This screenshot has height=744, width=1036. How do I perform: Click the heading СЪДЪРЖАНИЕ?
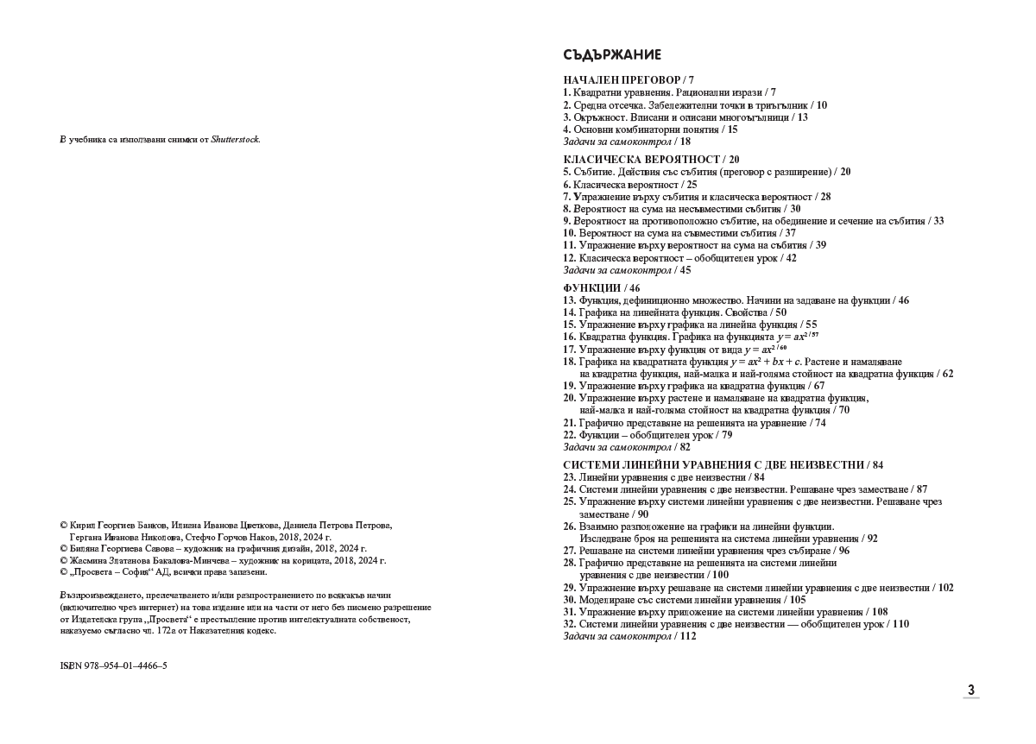[612, 55]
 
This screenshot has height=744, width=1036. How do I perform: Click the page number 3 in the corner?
[971, 690]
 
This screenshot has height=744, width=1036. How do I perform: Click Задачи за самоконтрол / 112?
[629, 636]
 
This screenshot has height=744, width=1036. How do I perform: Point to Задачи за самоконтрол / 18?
[627, 142]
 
